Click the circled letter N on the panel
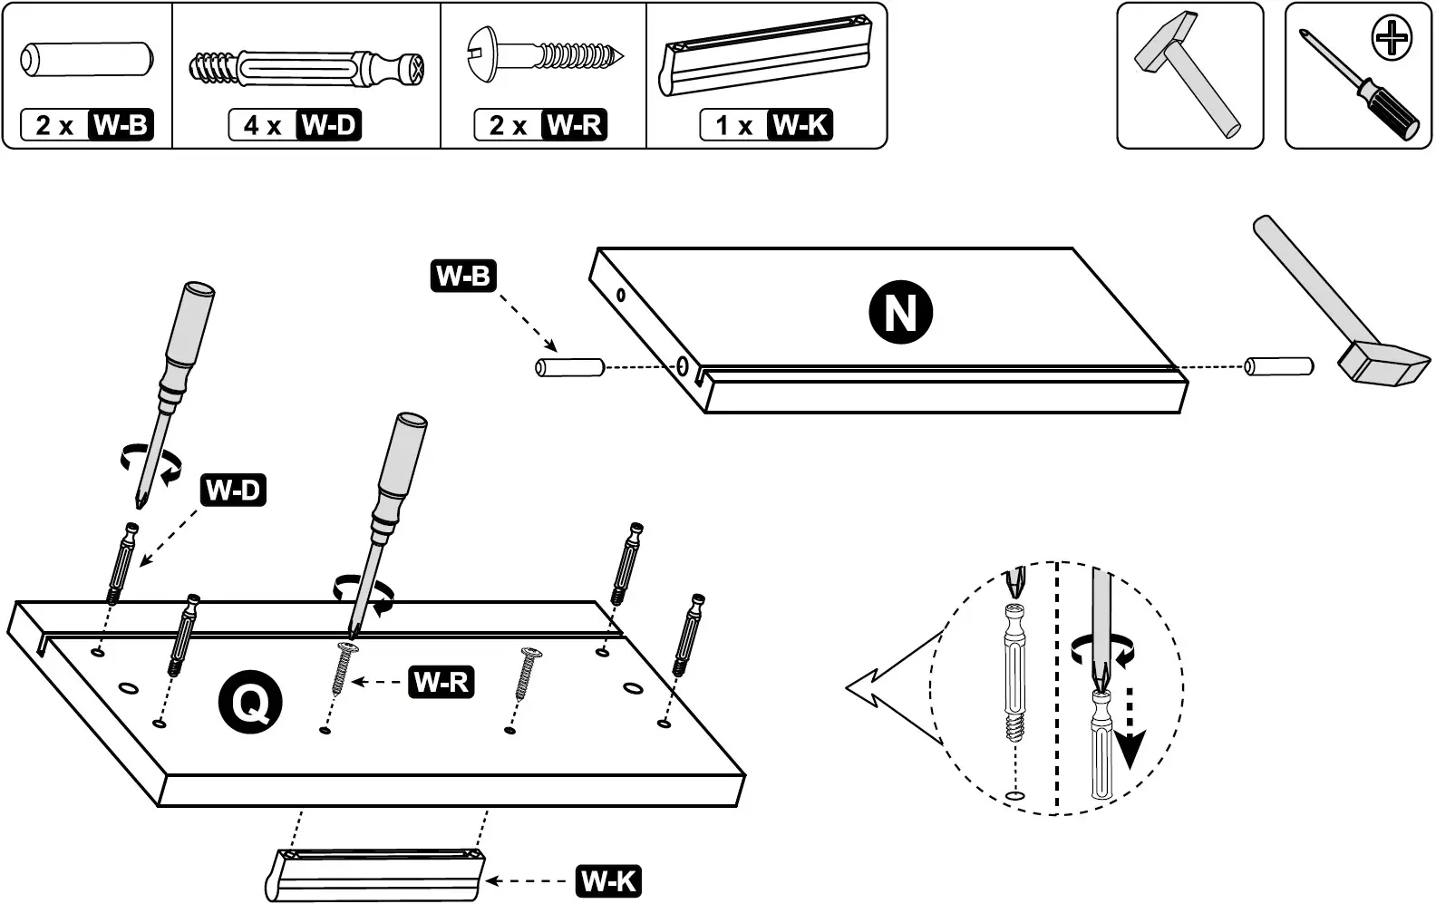pyautogui.click(x=900, y=313)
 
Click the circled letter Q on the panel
pyautogui.click(x=250, y=702)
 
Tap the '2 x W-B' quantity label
pyautogui.click(x=87, y=125)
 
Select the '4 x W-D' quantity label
pyautogui.click(x=296, y=125)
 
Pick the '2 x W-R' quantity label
pyautogui.click(x=540, y=125)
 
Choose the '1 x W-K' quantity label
pyautogui.click(x=766, y=125)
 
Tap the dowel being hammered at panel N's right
pyautogui.click(x=1278, y=367)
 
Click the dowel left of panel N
pyautogui.click(x=569, y=368)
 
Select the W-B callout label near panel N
pyautogui.click(x=462, y=275)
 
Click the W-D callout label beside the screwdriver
pyautogui.click(x=233, y=491)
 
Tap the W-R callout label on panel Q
pyautogui.click(x=442, y=682)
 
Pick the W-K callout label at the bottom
pyautogui.click(x=607, y=880)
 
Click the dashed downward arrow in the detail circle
pyautogui.click(x=1129, y=725)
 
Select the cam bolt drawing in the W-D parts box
pyautogui.click(x=308, y=68)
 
